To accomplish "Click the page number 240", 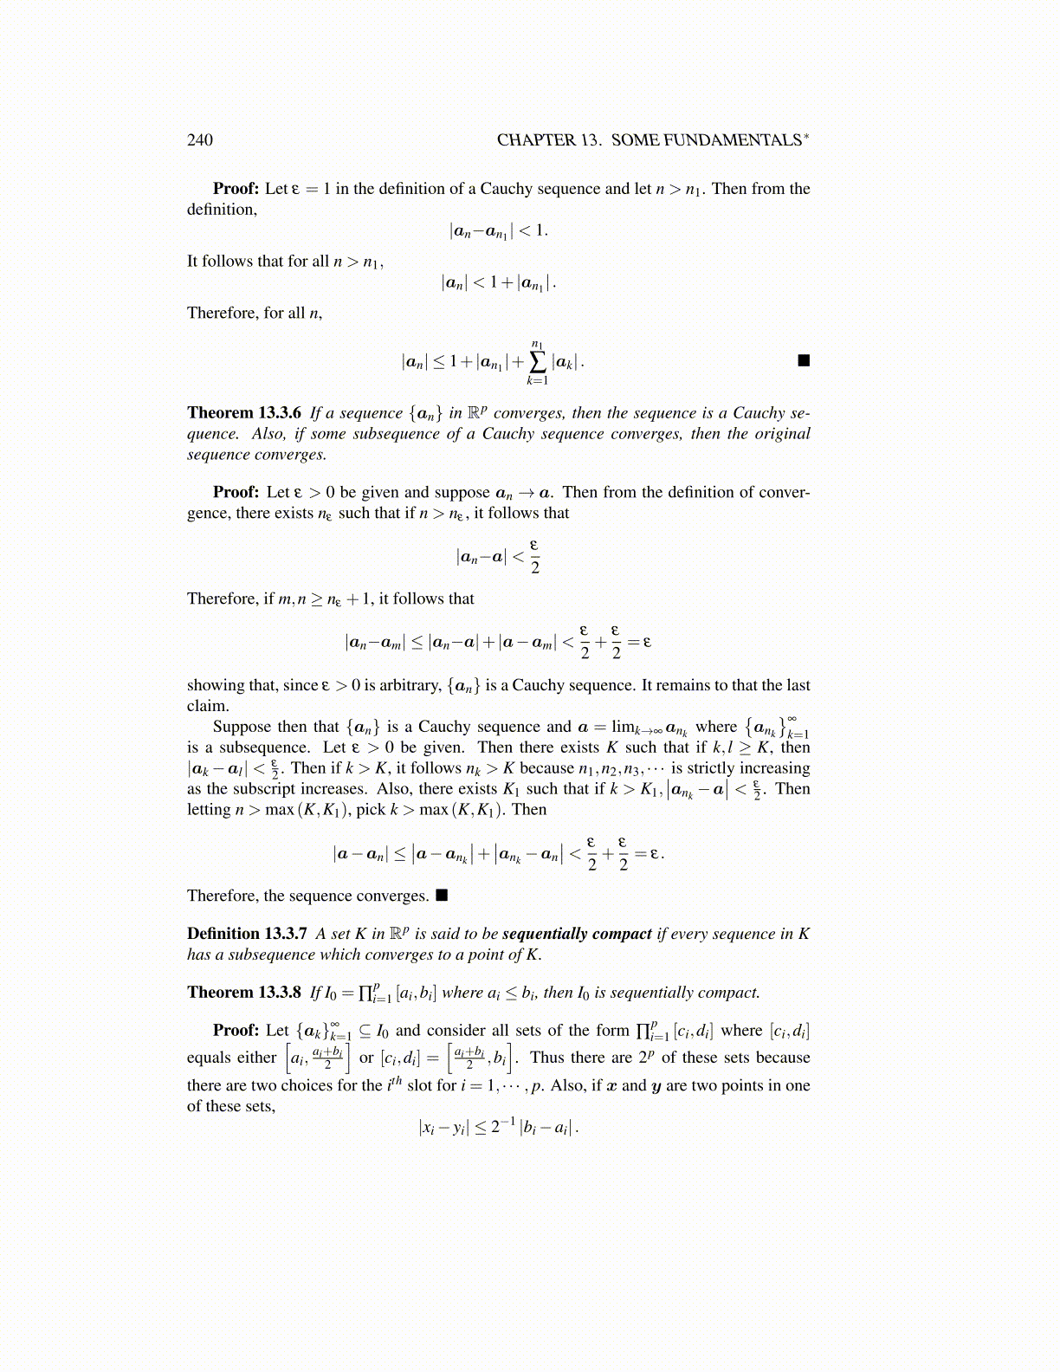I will [199, 140].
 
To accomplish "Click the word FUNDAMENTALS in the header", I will [732, 140].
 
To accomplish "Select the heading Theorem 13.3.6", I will [244, 413].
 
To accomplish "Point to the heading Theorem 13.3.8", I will [244, 993].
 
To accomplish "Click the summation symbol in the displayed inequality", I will [537, 362].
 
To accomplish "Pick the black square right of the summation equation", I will [804, 360].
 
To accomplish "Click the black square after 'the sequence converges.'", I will [442, 895].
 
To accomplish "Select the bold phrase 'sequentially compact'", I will [577, 934].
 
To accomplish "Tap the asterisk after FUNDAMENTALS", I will [807, 135].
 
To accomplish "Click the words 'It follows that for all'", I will [258, 262].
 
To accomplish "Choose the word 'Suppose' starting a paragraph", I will [241, 727].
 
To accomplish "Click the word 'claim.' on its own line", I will [208, 706].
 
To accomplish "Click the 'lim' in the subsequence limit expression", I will [623, 727].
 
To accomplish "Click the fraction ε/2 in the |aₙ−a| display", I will [534, 556].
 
